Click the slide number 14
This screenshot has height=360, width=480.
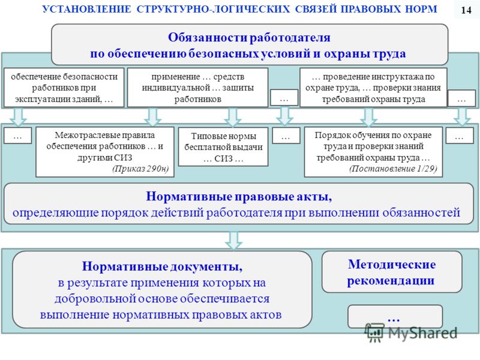[466, 10]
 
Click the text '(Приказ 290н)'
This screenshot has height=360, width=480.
[140, 169]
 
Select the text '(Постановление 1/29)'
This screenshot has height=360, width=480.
[393, 169]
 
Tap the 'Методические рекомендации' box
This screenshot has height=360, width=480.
[392, 272]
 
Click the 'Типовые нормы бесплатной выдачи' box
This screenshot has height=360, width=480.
[223, 147]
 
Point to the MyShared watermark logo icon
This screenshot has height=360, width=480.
[374, 333]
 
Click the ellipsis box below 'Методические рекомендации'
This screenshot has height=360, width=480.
[395, 317]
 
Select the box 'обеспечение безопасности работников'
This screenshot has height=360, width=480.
[64, 88]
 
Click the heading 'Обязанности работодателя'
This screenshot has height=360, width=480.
[249, 37]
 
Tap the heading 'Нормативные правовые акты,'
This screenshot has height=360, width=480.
[239, 197]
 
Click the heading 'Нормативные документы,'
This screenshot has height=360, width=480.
[162, 266]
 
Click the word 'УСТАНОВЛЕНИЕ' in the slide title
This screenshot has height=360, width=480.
[86, 9]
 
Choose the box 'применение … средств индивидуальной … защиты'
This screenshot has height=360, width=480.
[198, 88]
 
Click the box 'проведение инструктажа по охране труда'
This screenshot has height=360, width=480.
[373, 88]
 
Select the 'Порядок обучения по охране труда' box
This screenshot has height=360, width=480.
[373, 152]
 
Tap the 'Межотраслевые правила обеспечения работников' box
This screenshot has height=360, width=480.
[105, 152]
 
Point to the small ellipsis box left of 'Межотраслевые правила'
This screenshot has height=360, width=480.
[18, 136]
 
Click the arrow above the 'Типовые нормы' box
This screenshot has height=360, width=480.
[233, 117]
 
